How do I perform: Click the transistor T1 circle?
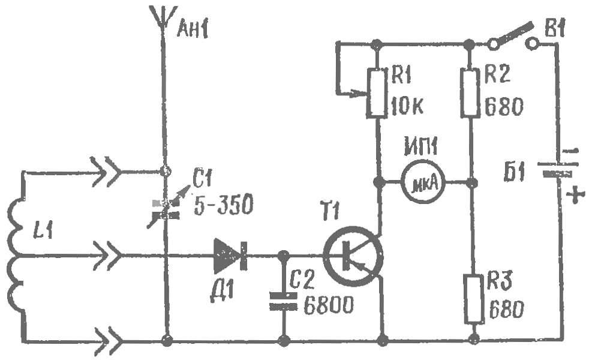click(353, 256)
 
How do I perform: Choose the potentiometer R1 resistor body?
click(377, 93)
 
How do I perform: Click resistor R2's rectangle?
click(470, 92)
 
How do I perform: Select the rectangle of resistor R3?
click(474, 299)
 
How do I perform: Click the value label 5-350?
click(223, 205)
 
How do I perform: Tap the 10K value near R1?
click(407, 106)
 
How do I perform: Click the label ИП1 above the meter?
click(420, 146)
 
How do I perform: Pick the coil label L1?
click(43, 230)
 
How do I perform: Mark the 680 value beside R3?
click(506, 310)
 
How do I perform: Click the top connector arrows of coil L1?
click(107, 172)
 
